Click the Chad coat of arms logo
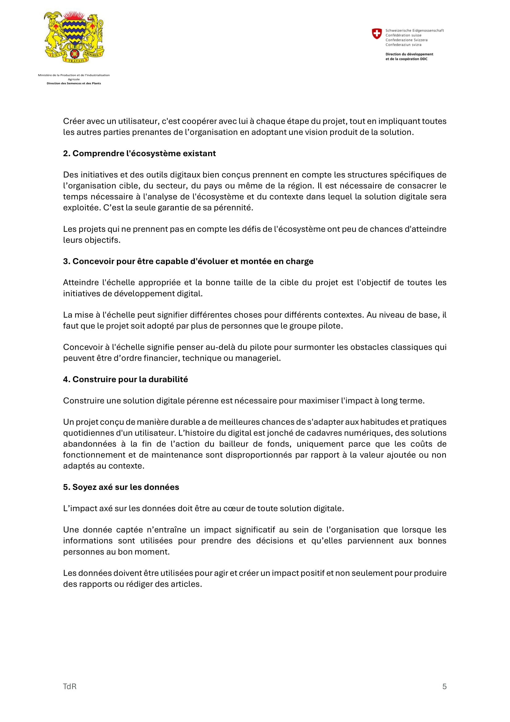74,37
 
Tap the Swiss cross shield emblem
376,33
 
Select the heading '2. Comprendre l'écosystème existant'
139,153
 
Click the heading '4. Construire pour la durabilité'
125,379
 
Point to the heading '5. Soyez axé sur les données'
121,487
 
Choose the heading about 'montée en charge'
188,261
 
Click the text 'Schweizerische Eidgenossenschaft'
414,31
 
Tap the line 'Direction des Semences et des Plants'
74,83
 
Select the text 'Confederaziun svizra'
403,45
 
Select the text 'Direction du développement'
409,54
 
